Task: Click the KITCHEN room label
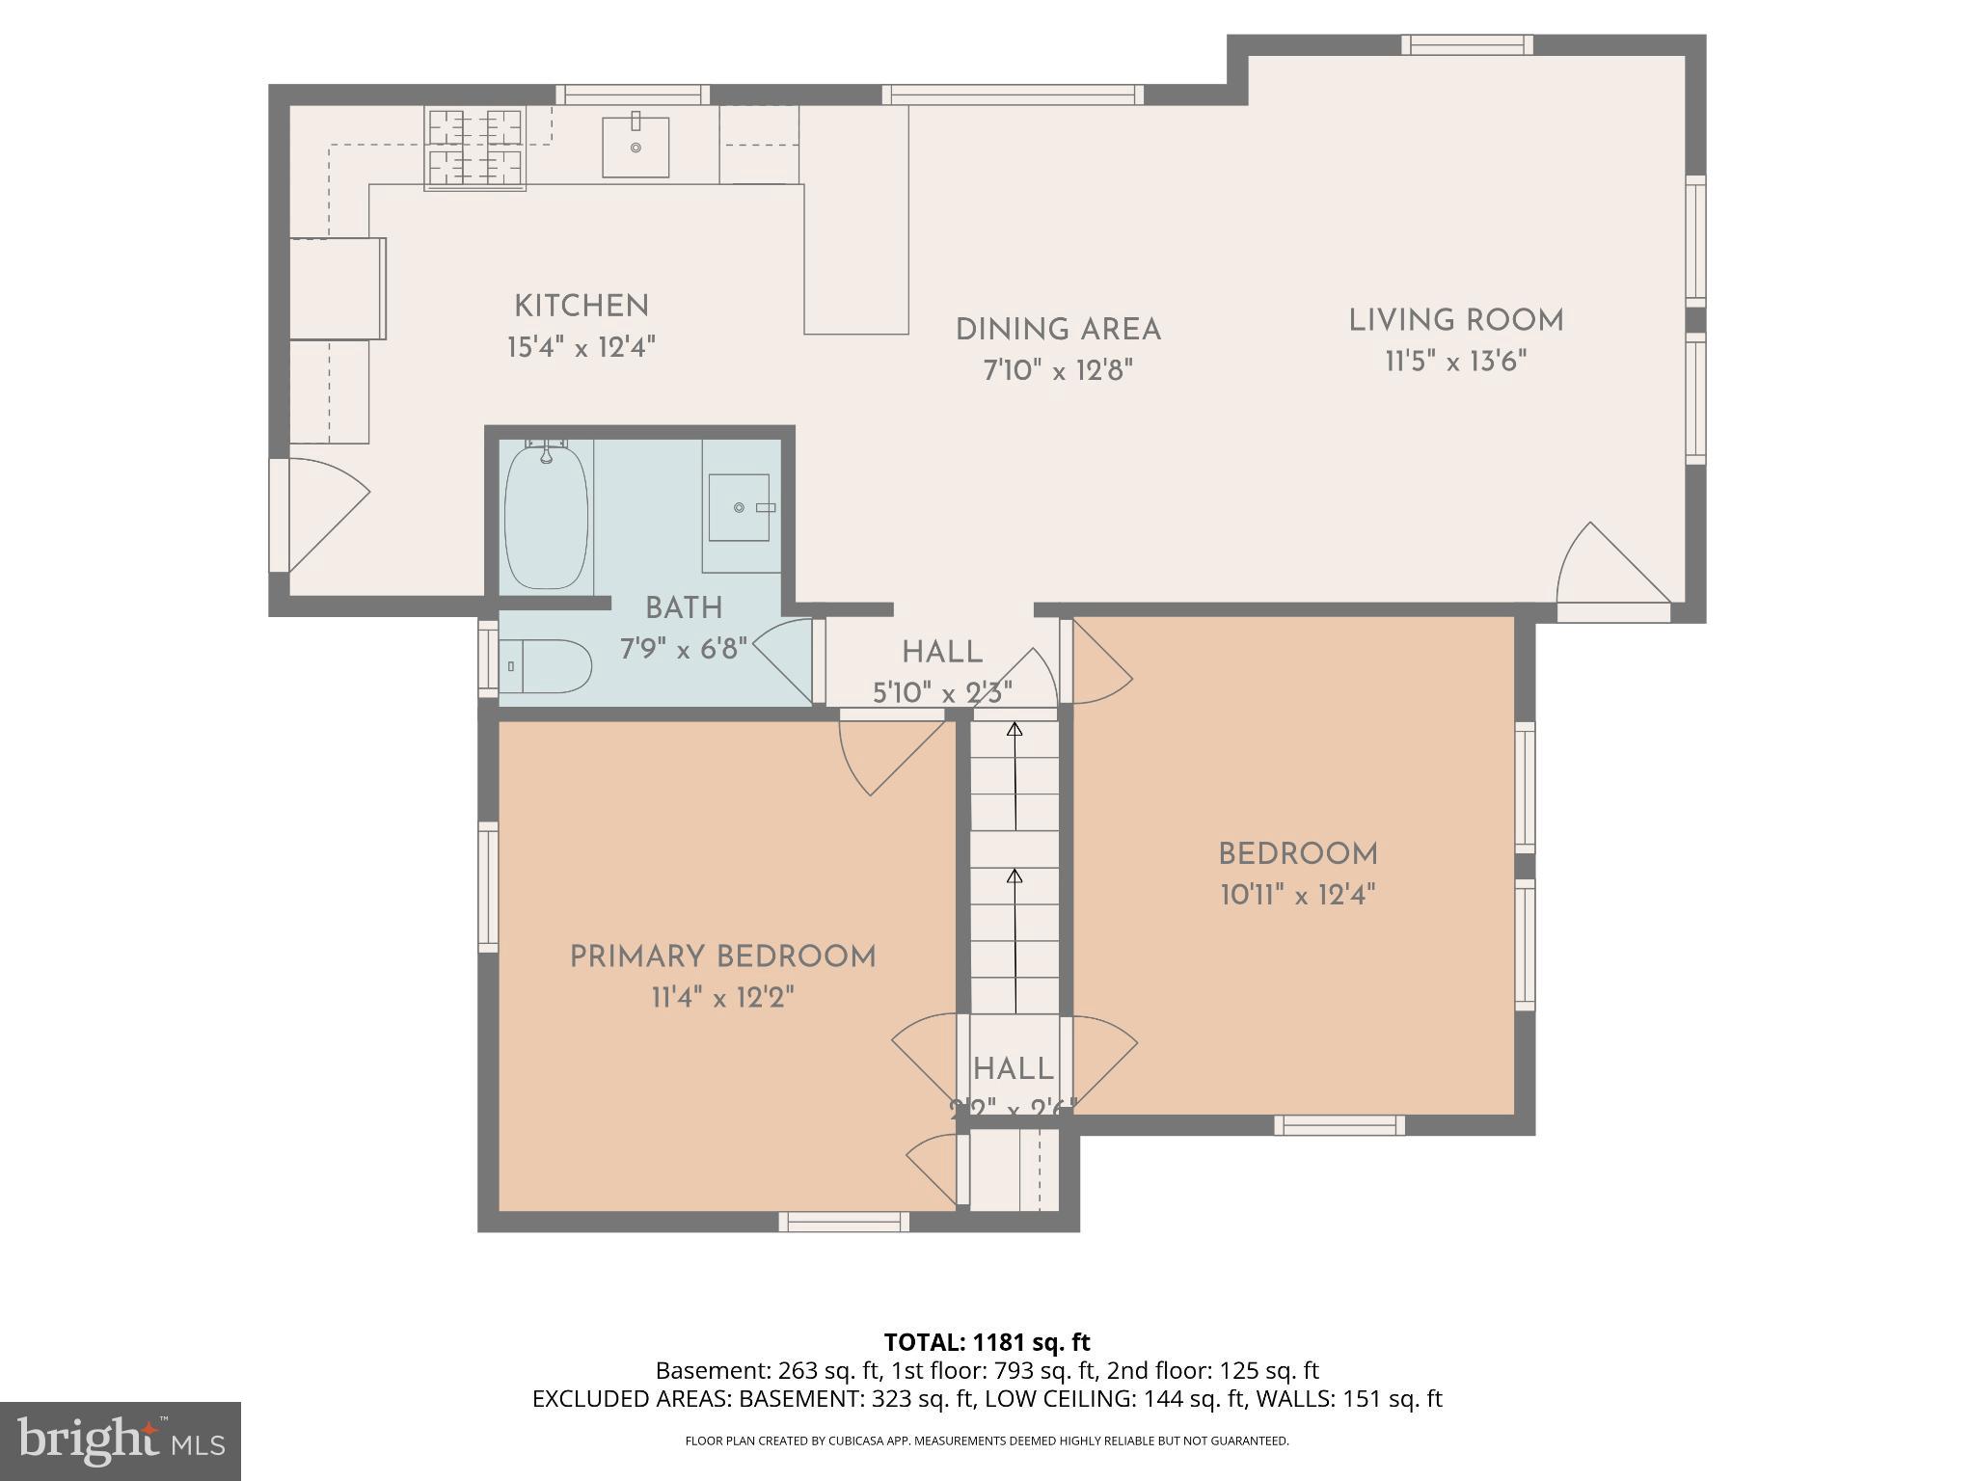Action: click(581, 307)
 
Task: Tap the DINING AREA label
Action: click(1058, 330)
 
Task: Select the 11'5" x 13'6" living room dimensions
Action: click(1455, 363)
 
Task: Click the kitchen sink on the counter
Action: click(636, 147)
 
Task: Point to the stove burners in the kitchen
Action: click(475, 148)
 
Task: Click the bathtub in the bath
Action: click(547, 517)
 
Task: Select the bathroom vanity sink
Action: click(740, 507)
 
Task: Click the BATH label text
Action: click(684, 608)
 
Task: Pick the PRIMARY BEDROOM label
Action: click(722, 957)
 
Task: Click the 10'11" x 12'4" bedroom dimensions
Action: click(1297, 896)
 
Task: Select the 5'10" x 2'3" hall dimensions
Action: click(942, 693)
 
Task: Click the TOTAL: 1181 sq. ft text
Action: click(987, 1342)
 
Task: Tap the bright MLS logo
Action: click(120, 1441)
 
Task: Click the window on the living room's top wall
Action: click(1467, 44)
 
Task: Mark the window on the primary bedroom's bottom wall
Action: click(844, 1222)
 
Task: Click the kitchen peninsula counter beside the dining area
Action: click(856, 222)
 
